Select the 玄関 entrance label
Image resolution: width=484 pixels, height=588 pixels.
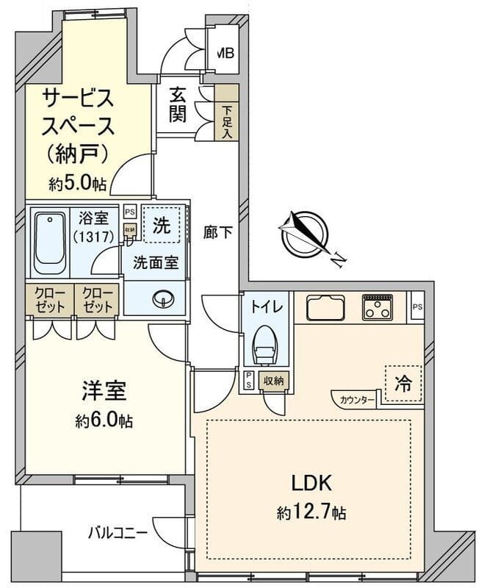point(178,105)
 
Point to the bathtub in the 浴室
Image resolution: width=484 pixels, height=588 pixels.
point(51,240)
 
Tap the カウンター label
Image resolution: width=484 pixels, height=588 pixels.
point(358,400)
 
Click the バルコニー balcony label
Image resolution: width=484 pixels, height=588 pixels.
point(118,532)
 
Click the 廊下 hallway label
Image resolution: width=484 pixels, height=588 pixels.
point(218,233)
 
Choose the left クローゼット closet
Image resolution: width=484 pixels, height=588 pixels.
point(51,299)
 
